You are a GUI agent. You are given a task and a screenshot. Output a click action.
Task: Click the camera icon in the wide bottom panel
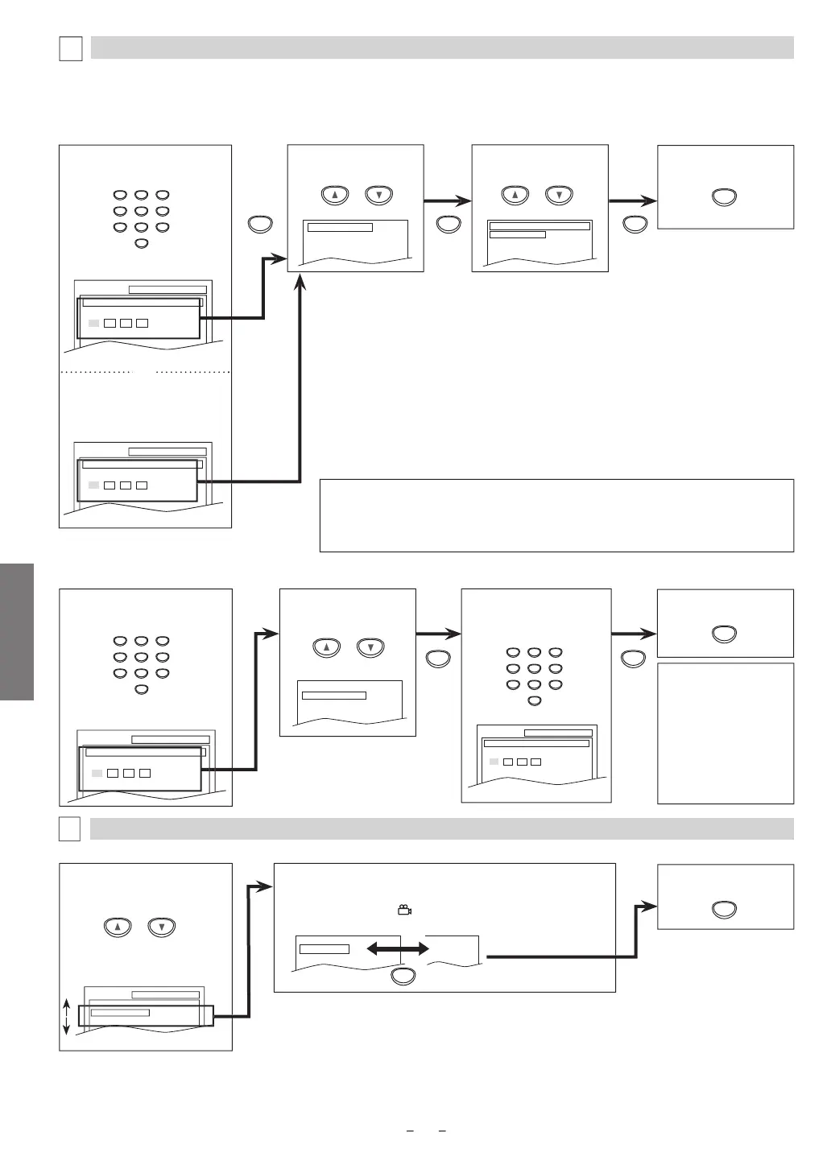pos(404,910)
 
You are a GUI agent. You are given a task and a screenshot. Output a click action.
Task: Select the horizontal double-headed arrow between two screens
pos(398,950)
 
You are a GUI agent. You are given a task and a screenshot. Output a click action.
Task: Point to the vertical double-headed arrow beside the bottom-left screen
pos(67,1018)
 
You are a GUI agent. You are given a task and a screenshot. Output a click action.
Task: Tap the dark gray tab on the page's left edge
pos(16,632)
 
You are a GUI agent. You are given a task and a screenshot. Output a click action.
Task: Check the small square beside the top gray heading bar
pos(71,48)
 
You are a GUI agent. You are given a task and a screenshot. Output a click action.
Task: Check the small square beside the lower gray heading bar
pos(70,829)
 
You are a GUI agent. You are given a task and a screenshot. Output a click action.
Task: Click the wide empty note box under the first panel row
pos(556,515)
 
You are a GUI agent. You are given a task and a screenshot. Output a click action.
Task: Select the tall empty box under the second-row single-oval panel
pos(726,733)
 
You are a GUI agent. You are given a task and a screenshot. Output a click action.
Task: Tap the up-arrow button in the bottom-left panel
pos(118,927)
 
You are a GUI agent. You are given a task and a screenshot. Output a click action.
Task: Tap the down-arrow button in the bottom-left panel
pos(162,927)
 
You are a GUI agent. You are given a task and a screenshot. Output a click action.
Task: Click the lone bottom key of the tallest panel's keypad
pos(142,242)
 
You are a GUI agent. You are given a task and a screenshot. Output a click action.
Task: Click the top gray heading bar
pos(442,47)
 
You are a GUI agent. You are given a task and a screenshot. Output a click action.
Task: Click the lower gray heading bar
pos(442,828)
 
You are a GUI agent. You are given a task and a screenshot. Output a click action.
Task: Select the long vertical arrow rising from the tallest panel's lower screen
pos(300,378)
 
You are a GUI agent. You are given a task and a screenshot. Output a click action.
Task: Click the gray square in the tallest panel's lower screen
pos(93,485)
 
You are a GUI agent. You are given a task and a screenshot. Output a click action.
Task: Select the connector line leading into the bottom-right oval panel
pos(636,934)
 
